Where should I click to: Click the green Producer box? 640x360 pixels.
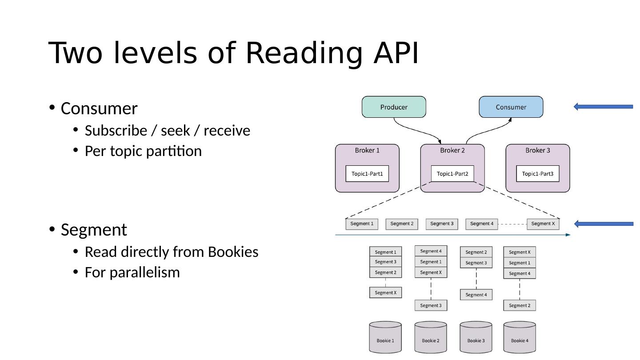[x=394, y=107]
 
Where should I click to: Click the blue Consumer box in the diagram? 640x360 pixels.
[x=511, y=107]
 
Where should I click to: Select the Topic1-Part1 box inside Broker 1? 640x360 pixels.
[x=367, y=174]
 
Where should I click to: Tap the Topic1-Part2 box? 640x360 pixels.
[x=452, y=174]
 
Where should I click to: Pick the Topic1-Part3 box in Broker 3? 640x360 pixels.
[x=538, y=174]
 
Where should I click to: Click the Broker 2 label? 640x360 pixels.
[x=452, y=150]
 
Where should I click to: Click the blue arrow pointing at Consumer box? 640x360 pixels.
[x=603, y=107]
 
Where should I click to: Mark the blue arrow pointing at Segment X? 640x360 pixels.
[x=603, y=224]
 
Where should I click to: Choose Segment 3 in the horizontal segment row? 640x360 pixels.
[x=442, y=224]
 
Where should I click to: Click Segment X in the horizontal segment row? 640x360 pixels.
[x=543, y=224]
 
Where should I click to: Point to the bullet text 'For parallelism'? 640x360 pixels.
[x=132, y=272]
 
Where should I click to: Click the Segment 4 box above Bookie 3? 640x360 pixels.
[x=476, y=295]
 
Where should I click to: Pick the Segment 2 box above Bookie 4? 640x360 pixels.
[x=520, y=305]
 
